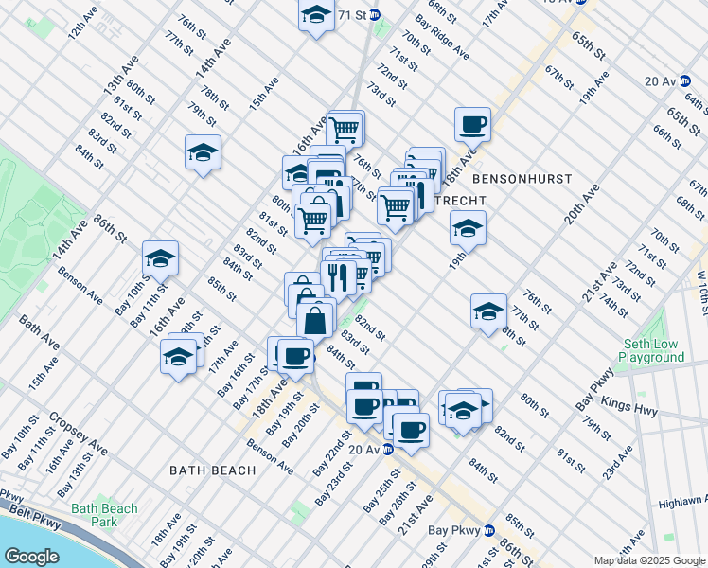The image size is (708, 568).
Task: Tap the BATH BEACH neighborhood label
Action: coord(213,470)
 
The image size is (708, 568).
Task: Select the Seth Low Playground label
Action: coord(652,351)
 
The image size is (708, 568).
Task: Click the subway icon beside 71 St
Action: coord(375,15)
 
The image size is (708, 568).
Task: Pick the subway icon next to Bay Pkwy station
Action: coord(489,531)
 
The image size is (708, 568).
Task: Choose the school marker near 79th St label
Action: coord(203,152)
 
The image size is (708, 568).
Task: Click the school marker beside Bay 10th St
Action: coord(161,258)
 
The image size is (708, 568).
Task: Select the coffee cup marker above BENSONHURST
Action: coord(472,123)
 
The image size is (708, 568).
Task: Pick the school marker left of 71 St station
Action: coord(315,14)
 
